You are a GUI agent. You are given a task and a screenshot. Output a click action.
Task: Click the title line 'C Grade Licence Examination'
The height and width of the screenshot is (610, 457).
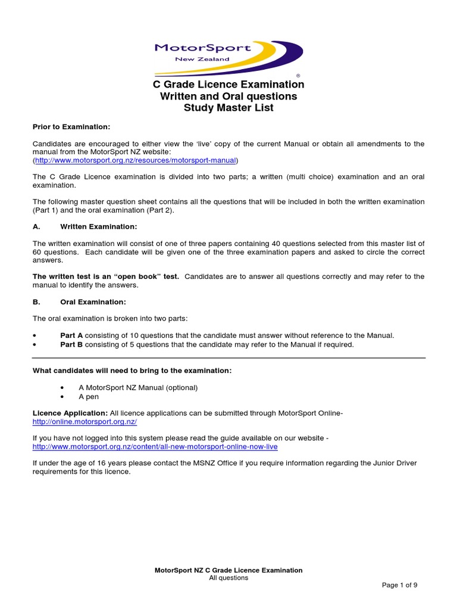point(228,84)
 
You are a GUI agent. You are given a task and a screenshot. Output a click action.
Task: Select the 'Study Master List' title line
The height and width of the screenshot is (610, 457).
point(228,108)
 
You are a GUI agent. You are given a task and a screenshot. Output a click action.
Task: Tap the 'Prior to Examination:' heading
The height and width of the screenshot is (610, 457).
point(71,127)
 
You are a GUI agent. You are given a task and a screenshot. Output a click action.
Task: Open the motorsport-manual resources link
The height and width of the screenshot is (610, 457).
point(136,160)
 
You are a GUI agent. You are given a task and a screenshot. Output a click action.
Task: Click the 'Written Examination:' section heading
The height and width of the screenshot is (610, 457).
point(99,226)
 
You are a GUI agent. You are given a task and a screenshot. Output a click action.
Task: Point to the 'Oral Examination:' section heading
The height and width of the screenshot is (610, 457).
point(93,301)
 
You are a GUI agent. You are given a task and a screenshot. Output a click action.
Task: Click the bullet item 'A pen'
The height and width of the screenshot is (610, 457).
point(89,396)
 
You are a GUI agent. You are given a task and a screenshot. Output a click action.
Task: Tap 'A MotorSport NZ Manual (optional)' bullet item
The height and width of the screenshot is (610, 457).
point(138,387)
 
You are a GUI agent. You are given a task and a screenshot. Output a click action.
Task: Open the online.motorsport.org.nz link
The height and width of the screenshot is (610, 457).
point(85,421)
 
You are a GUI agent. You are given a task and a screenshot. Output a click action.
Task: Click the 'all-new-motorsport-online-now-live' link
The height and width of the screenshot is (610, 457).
point(155,446)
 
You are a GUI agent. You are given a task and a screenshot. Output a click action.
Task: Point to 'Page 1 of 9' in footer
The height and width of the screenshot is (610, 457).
point(399,585)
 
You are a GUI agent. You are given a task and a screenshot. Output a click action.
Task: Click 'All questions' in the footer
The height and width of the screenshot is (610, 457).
point(228,578)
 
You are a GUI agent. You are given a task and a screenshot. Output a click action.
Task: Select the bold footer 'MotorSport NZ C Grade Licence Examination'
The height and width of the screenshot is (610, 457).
point(228,570)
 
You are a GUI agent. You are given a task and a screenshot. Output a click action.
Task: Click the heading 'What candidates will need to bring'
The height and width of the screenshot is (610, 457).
point(132,371)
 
